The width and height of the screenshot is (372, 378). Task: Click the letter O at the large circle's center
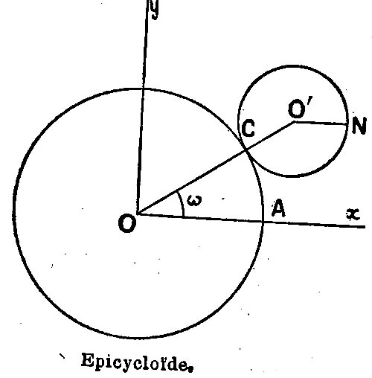coord(127,224)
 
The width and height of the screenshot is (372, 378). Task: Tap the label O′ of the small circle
coord(300,108)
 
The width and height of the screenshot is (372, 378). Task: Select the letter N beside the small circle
coord(359,126)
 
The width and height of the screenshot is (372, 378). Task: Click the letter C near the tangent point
coord(248,128)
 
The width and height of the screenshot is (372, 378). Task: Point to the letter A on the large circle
coord(278,208)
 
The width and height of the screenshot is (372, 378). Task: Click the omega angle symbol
coord(195,200)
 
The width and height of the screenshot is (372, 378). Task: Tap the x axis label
coord(353,214)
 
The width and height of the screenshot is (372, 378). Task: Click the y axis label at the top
coord(155,10)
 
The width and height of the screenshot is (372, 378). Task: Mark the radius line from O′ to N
coord(321,124)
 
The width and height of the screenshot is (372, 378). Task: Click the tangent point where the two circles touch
coord(246,150)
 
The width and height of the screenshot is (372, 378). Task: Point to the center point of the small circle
coord(295,122)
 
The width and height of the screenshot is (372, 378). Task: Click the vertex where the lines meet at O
coord(138,214)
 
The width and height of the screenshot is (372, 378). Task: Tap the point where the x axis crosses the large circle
coord(263,222)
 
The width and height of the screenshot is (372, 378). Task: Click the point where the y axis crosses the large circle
coord(143,89)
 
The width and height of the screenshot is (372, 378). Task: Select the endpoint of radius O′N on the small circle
coord(347,124)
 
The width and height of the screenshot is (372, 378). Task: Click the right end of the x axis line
coord(365,227)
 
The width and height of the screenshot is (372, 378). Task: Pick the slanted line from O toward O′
coord(216,168)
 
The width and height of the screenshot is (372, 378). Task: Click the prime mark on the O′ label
coord(310,102)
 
